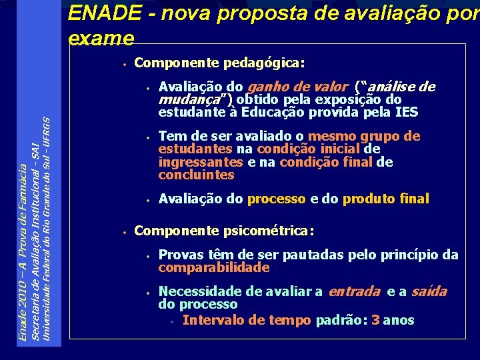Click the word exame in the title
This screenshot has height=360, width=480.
101,38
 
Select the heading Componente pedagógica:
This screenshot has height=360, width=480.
219,63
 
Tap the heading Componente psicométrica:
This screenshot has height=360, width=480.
223,231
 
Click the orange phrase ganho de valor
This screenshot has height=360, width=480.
297,87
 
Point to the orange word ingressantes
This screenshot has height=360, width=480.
201,162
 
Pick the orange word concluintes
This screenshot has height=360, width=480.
196,175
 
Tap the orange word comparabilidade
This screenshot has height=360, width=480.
214,267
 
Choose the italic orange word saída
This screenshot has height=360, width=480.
429,291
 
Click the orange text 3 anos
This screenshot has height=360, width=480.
393,320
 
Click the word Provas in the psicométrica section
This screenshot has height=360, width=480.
177,255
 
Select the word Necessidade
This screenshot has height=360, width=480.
197,291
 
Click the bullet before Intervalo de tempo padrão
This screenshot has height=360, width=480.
172,321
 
